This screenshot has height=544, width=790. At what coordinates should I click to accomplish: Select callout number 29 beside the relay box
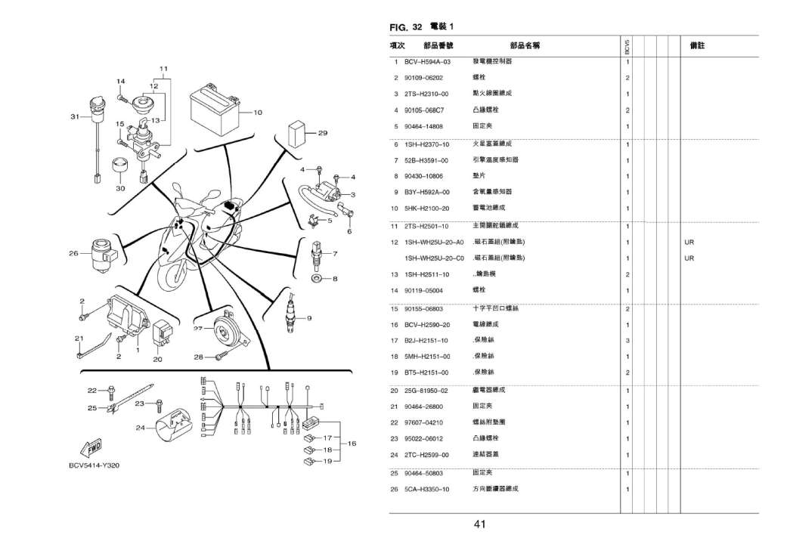pyautogui.click(x=322, y=133)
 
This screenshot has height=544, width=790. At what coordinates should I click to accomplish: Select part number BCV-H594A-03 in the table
pyautogui.click(x=427, y=61)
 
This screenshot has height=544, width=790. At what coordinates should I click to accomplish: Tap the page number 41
pyautogui.click(x=479, y=524)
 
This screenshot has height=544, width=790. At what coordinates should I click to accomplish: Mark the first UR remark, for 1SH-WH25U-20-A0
pyautogui.click(x=689, y=242)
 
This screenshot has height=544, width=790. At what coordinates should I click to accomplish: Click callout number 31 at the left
pyautogui.click(x=74, y=116)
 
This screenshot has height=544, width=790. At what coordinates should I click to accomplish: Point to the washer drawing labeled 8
pyautogui.click(x=318, y=280)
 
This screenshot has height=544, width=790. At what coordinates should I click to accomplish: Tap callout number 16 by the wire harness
pyautogui.click(x=352, y=443)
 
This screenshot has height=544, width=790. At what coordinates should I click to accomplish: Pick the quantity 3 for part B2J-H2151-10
pyautogui.click(x=627, y=340)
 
